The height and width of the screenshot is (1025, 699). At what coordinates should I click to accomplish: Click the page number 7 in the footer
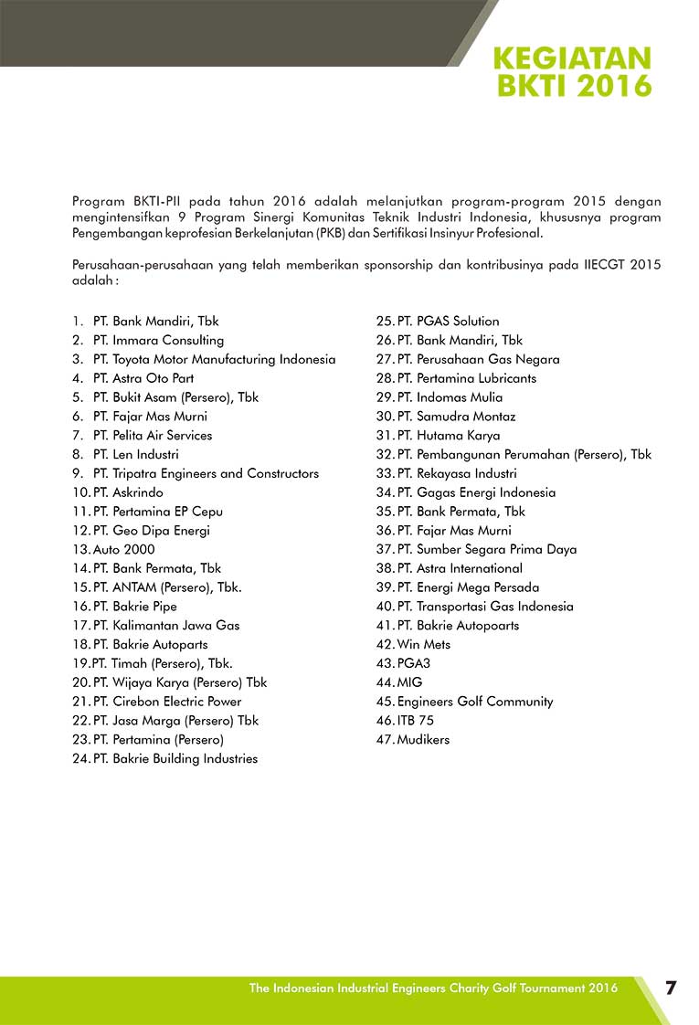(671, 988)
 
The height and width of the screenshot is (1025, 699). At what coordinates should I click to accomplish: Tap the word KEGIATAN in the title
(572, 58)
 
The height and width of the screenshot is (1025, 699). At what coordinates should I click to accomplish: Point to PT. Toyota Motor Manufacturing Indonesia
(214, 359)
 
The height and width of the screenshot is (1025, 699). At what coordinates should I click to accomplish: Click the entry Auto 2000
(123, 549)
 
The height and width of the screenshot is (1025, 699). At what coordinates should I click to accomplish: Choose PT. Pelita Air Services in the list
(152, 435)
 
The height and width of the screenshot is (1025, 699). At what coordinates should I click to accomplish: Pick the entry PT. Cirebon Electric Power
(167, 701)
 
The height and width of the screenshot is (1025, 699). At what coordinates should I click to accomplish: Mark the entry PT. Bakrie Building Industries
(175, 758)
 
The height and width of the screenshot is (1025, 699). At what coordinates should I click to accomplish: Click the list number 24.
(79, 758)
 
